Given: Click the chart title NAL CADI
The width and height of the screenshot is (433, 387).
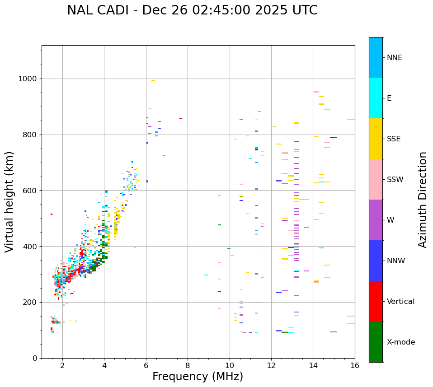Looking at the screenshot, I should (x=192, y=10).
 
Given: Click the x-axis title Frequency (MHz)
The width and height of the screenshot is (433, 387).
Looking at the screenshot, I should (x=198, y=377).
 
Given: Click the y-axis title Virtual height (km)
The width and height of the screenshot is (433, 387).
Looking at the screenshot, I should (x=9, y=201).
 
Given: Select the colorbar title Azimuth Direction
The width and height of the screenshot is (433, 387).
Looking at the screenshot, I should (x=423, y=200).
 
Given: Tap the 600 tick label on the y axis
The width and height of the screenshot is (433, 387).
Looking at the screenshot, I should (x=30, y=191).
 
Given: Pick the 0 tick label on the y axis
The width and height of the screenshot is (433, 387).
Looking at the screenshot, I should (x=35, y=358).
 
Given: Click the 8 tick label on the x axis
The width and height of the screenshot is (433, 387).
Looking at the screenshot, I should (x=188, y=365).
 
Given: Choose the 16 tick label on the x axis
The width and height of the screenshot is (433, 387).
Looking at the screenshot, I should (x=355, y=365).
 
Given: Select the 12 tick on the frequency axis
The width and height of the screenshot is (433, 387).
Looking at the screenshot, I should (x=271, y=365).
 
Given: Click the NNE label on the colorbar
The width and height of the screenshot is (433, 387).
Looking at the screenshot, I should (x=395, y=58).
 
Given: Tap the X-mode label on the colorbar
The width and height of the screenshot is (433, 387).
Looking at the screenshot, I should (x=401, y=342).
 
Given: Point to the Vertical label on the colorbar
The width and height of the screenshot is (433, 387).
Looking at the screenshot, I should (x=401, y=302).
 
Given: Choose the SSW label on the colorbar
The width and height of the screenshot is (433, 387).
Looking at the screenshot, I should (x=395, y=180).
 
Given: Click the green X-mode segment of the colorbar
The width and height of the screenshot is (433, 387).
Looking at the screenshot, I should (x=376, y=342).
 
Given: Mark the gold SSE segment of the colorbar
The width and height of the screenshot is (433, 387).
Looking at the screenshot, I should (x=376, y=139).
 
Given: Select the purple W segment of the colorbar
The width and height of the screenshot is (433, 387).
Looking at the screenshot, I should (x=376, y=220).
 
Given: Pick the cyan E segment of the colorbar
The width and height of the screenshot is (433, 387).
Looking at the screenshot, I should (x=376, y=98).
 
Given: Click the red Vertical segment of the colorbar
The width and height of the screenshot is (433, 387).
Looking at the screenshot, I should (x=376, y=301).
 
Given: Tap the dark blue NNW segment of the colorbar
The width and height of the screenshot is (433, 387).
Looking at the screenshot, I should (x=376, y=261).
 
